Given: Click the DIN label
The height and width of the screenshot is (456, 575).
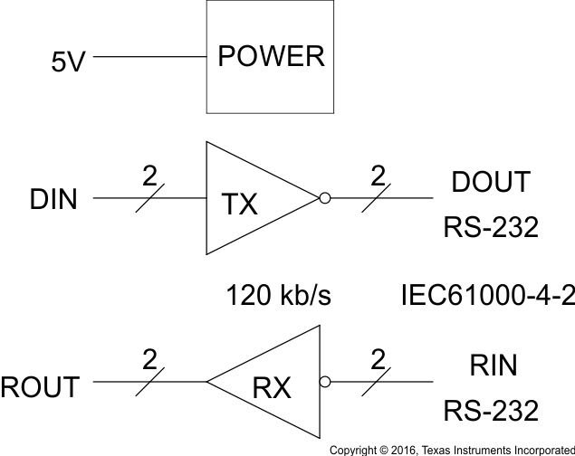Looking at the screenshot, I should click(x=53, y=199).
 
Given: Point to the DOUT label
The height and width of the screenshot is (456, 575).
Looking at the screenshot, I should click(x=490, y=183).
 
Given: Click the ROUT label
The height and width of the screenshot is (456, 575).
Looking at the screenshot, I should click(x=40, y=386).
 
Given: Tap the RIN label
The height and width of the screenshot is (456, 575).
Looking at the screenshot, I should click(x=494, y=366).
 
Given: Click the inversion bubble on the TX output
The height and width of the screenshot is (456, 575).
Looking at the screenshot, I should click(x=324, y=198).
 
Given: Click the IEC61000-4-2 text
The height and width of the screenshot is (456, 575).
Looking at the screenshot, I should click(x=488, y=295).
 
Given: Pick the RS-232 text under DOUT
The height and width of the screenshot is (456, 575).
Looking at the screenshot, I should click(x=490, y=228).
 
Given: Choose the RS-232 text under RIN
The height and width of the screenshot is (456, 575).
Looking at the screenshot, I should click(x=490, y=412).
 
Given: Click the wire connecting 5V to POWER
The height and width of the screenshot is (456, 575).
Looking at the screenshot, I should click(x=149, y=57).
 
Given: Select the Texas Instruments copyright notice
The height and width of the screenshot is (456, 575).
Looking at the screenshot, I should click(x=451, y=449).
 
